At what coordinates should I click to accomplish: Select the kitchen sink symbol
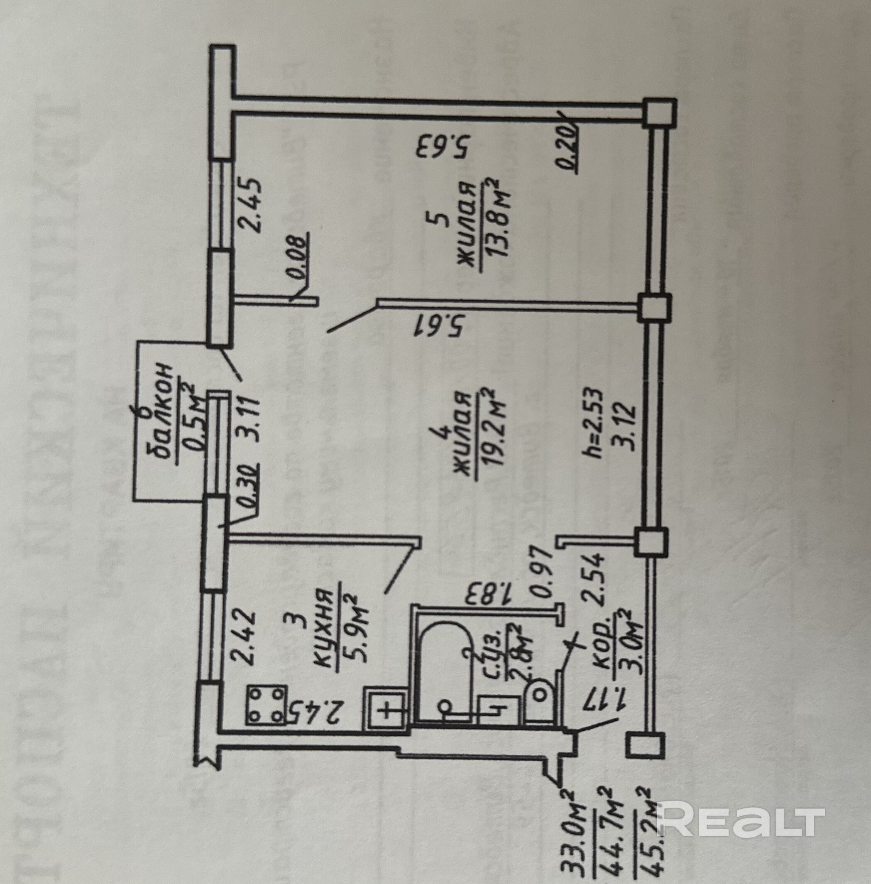pyautogui.click(x=386, y=712)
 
